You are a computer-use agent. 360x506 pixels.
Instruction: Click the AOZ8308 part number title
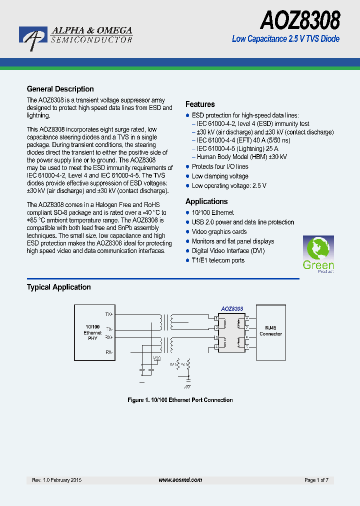[300, 21]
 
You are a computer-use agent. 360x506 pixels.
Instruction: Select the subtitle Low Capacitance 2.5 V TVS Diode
[285, 38]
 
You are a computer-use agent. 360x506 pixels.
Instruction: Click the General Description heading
[60, 89]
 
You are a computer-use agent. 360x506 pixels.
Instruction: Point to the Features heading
[200, 104]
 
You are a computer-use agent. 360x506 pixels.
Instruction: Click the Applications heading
[206, 201]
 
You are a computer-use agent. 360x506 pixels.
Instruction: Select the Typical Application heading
[58, 287]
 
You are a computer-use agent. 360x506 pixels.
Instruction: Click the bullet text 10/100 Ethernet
[212, 212]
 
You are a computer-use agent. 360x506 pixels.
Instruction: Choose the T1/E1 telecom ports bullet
[218, 260]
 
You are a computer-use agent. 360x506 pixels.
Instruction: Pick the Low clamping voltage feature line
[220, 176]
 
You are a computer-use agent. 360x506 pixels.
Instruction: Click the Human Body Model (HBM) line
[241, 156]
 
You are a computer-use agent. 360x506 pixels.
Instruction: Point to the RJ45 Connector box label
[270, 330]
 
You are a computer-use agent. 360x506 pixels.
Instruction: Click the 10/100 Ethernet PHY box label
[92, 332]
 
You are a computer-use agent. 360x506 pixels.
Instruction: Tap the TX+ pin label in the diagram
[109, 314]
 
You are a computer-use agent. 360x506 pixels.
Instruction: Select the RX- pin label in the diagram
[109, 352]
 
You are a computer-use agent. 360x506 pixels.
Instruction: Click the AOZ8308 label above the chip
[232, 309]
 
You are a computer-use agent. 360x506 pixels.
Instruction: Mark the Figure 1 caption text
[180, 399]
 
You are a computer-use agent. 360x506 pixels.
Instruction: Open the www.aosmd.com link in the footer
[180, 480]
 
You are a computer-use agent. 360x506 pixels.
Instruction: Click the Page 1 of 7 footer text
[316, 480]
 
